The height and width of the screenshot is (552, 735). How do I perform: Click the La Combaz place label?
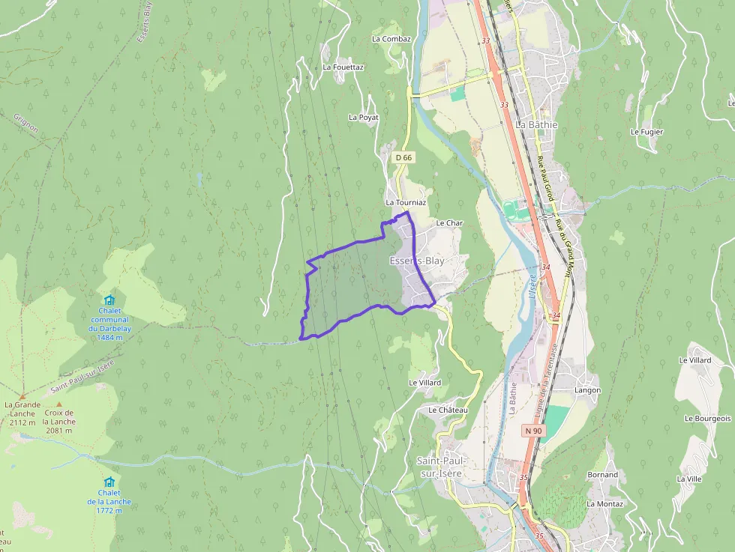[391, 39]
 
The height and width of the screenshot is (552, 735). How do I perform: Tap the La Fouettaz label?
[343, 67]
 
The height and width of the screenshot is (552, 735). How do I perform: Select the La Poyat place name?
[364, 118]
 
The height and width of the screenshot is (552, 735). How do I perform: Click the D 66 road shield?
[403, 157]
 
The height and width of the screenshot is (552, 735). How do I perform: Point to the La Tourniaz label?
[406, 202]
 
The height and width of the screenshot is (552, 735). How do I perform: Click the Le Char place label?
[450, 223]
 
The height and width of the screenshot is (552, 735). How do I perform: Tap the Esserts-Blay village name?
[417, 261]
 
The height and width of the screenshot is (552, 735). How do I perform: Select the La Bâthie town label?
[537, 124]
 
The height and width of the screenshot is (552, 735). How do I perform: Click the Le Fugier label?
[646, 132]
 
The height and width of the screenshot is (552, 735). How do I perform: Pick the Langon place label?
[587, 390]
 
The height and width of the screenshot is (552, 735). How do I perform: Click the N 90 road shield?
[533, 431]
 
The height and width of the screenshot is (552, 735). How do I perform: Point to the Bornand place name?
[602, 475]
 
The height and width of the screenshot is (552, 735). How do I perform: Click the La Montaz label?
[604, 504]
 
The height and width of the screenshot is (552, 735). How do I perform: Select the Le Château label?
[448, 410]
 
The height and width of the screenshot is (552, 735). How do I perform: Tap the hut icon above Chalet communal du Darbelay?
[109, 300]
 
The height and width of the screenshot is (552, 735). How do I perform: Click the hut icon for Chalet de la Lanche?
[109, 482]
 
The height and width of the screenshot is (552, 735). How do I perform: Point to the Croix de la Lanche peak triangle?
[59, 404]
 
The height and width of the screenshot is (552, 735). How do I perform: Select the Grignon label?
[26, 123]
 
